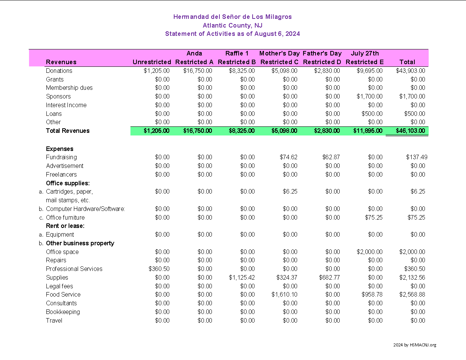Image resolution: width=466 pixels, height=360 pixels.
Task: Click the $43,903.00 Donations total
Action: [410, 71]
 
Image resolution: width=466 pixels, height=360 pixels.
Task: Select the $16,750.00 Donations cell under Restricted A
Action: [198, 71]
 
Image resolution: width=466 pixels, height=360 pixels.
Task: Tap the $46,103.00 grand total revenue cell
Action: [410, 131]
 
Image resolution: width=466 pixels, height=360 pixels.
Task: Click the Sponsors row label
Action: [58, 96]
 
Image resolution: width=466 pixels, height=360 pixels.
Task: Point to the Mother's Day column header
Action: [279, 54]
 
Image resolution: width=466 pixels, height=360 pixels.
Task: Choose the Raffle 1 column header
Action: [237, 54]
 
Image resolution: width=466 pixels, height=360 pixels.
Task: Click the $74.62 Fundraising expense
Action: [288, 157]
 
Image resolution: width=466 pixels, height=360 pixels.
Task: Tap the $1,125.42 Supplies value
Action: [242, 277]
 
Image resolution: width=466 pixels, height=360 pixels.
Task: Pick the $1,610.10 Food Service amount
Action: [284, 294]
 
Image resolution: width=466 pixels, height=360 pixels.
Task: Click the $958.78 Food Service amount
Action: [372, 294]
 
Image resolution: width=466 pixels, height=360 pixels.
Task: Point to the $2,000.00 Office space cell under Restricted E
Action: [369, 252]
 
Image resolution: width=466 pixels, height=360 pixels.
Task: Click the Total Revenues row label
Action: [67, 131]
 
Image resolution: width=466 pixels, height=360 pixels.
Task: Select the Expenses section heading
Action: [60, 149]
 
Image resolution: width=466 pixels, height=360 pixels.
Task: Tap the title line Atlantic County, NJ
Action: [233, 25]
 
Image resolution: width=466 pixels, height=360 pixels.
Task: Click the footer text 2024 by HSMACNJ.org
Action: [415, 345]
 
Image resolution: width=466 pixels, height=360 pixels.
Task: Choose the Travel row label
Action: [54, 320]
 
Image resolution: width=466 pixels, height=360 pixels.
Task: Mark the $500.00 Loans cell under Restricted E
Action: [372, 114]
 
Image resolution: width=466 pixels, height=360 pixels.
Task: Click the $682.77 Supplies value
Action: [329, 277]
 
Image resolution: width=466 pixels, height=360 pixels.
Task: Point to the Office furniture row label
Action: [65, 217]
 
